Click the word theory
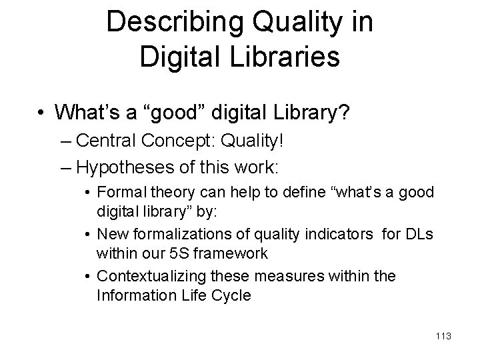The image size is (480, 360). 164,192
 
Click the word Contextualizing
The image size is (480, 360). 153,276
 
